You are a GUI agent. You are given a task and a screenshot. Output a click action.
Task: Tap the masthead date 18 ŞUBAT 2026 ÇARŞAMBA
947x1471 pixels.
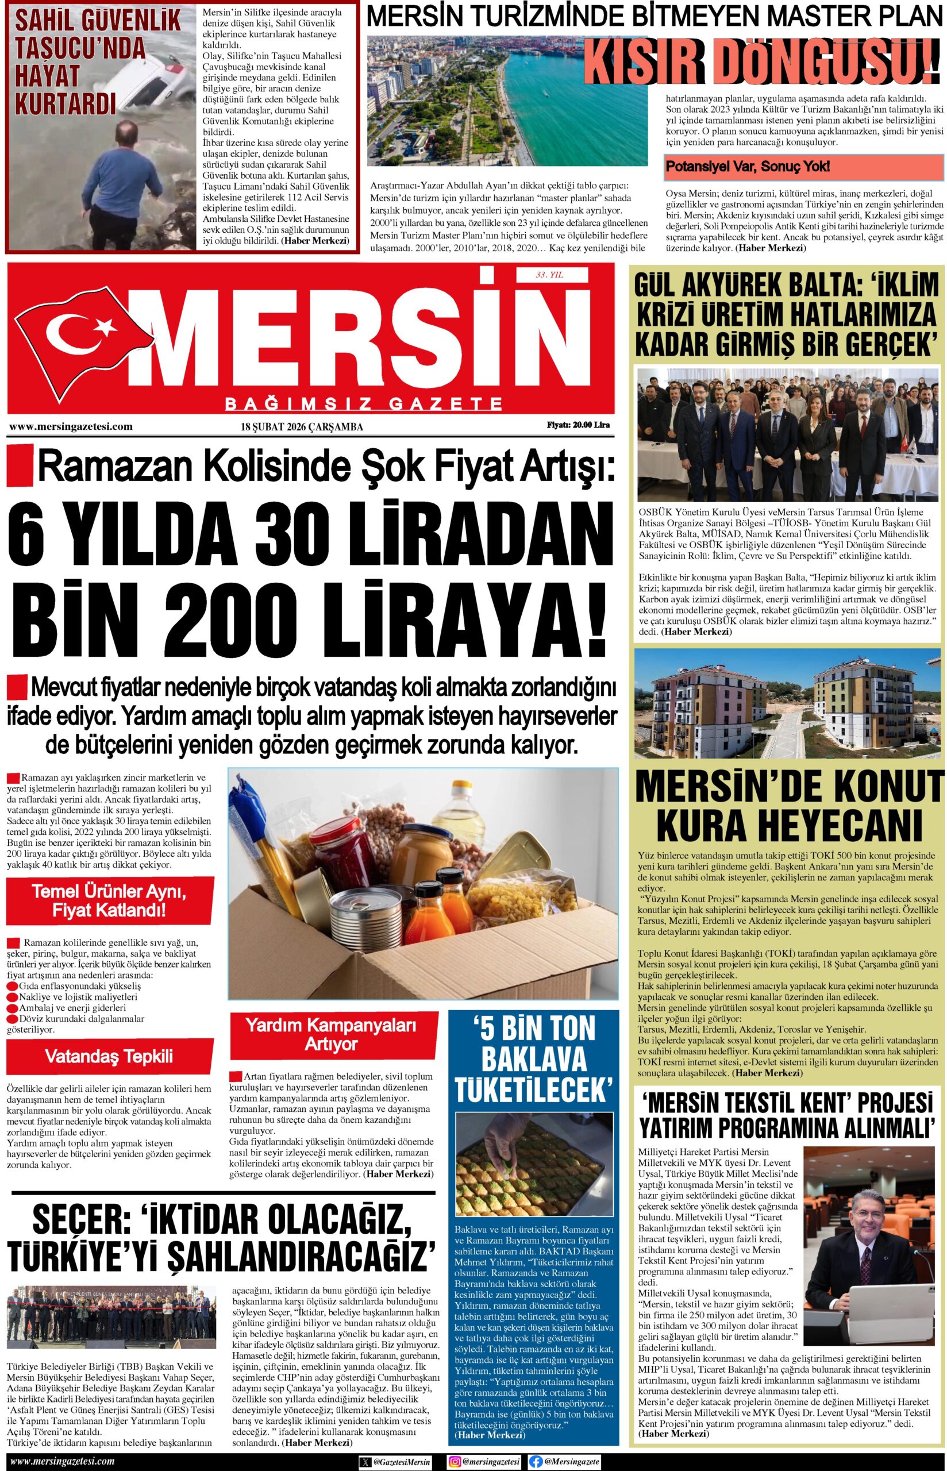(x=302, y=426)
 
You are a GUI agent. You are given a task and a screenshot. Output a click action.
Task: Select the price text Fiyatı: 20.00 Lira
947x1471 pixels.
(x=578, y=425)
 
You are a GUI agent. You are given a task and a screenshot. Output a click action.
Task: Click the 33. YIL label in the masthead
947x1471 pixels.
(x=550, y=275)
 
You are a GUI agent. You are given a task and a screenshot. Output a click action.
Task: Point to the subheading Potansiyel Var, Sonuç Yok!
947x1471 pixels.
(x=748, y=166)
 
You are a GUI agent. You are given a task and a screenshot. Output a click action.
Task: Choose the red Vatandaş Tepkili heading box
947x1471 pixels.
(x=109, y=1057)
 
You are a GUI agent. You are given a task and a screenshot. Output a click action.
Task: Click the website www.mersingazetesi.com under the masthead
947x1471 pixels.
(x=71, y=426)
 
